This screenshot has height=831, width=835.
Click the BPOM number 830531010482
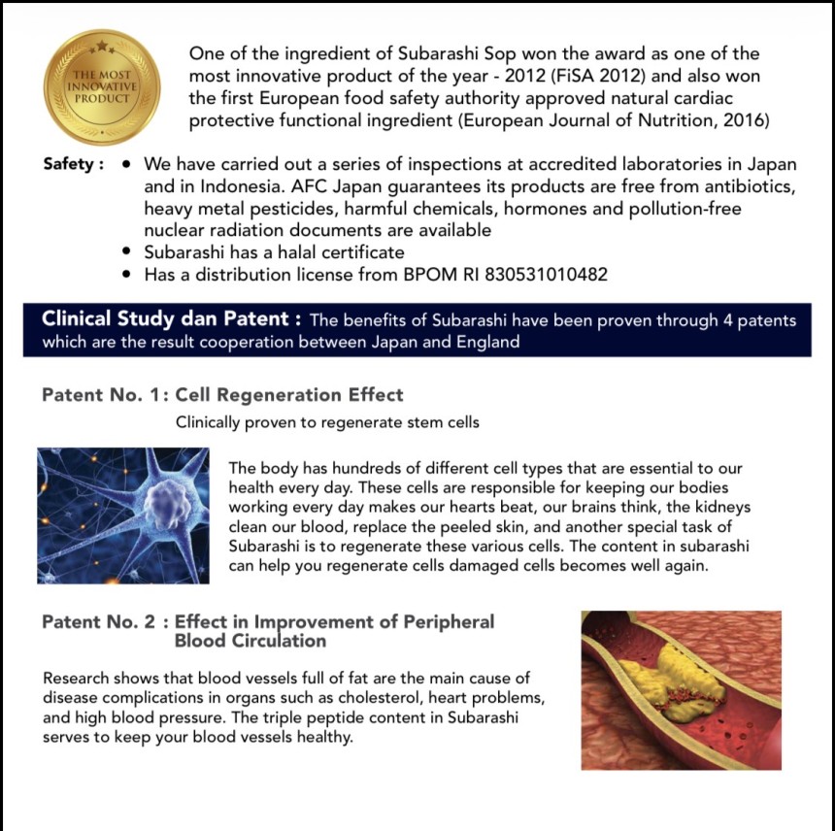(538, 275)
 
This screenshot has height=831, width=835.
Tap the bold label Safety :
(73, 164)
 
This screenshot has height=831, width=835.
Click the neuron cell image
(123, 515)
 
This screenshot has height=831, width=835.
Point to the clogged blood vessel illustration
(681, 689)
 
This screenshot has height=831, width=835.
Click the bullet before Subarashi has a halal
(127, 252)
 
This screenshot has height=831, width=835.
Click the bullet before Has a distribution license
(127, 275)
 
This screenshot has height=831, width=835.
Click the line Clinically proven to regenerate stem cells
(327, 423)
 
